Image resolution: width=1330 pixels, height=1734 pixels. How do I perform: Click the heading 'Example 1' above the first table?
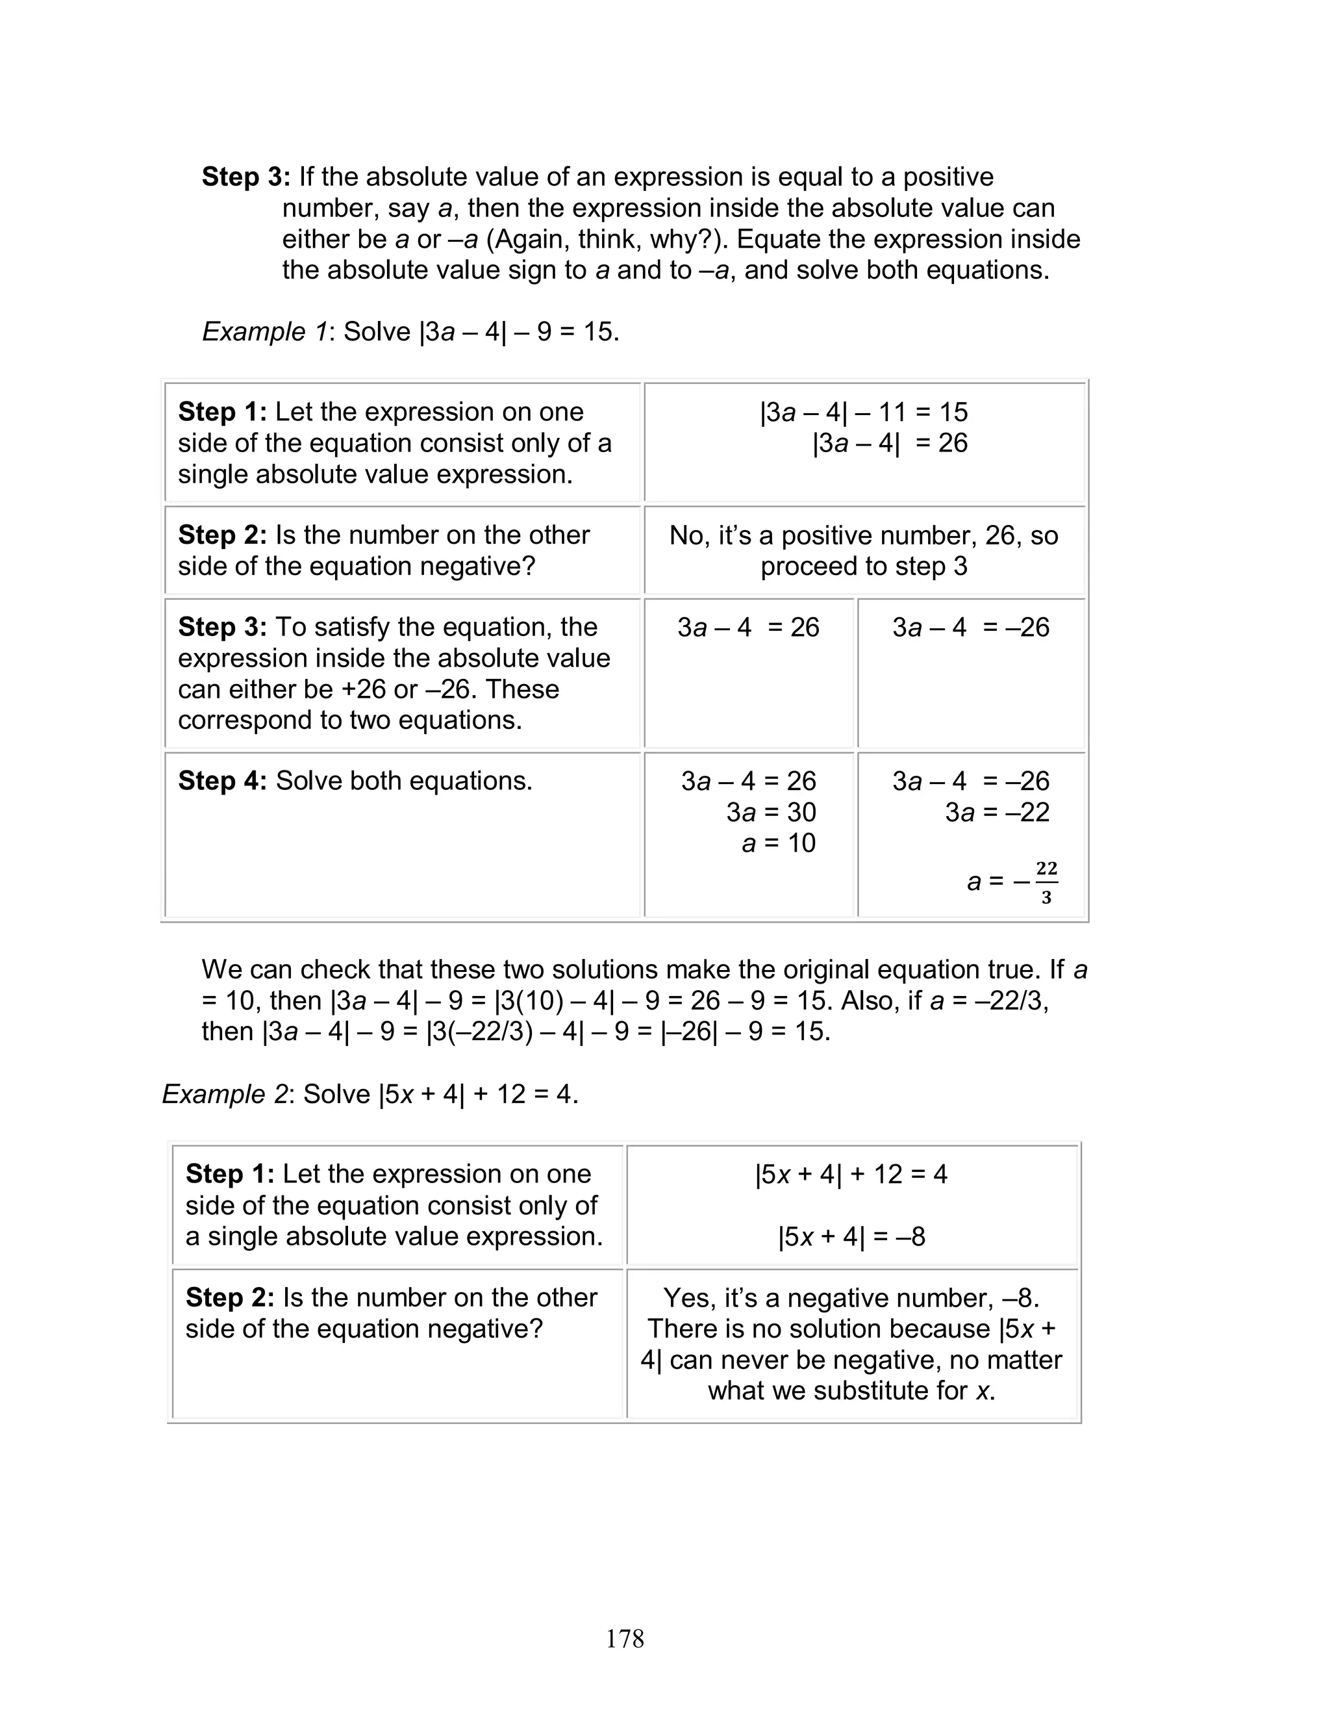click(x=264, y=332)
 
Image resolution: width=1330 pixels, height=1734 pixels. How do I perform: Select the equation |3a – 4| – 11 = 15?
click(x=864, y=412)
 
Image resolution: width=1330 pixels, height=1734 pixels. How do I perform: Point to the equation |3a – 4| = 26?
click(x=889, y=442)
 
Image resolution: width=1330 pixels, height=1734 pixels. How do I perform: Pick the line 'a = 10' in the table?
click(x=778, y=843)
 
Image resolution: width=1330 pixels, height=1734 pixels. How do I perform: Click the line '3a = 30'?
click(x=770, y=812)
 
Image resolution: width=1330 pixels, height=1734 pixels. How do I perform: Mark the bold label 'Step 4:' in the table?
click(x=223, y=781)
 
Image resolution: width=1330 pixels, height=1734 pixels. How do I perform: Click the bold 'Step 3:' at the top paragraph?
click(x=246, y=177)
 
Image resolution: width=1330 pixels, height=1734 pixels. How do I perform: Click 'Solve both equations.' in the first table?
click(x=404, y=781)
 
